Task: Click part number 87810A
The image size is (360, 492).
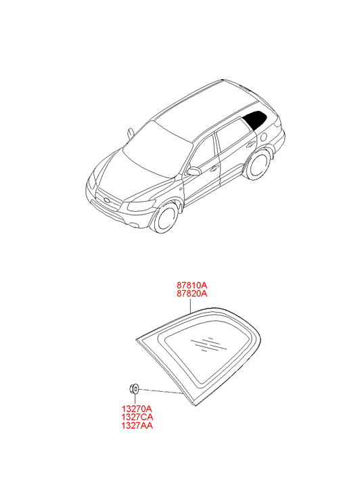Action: tap(192, 286)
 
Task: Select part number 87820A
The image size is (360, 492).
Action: tap(192, 294)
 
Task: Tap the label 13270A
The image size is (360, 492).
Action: tap(137, 409)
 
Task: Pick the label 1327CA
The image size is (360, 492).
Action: tap(137, 417)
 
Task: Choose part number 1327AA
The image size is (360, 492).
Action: tap(137, 425)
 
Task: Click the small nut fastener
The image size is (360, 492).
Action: tap(135, 389)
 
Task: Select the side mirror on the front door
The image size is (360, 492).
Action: tap(194, 171)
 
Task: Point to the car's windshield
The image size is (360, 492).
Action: tap(157, 150)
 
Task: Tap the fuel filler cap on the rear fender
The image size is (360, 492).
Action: tap(264, 137)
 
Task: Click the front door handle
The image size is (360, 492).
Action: tap(215, 169)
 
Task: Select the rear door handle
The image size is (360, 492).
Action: tap(251, 144)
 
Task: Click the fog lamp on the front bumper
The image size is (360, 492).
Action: tap(135, 225)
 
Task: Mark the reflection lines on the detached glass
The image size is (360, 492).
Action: tap(208, 344)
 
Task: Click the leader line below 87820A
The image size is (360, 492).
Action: tap(191, 305)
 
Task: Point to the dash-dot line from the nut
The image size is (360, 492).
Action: tap(160, 391)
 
